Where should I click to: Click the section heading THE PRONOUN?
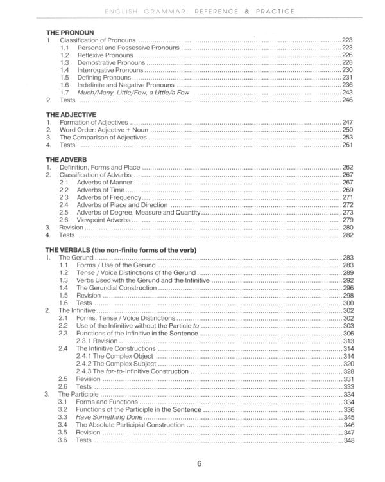tap(70, 32)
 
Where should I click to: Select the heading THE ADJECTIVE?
tap(71, 114)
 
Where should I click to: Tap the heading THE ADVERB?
tap(67, 158)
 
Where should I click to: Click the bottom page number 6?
tap(200, 463)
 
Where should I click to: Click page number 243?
tap(348, 93)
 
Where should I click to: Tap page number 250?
tap(348, 130)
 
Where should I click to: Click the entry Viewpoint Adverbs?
tap(103, 220)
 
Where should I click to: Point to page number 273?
tap(348, 212)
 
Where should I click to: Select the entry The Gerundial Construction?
tap(116, 288)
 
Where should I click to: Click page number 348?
tap(348, 440)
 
